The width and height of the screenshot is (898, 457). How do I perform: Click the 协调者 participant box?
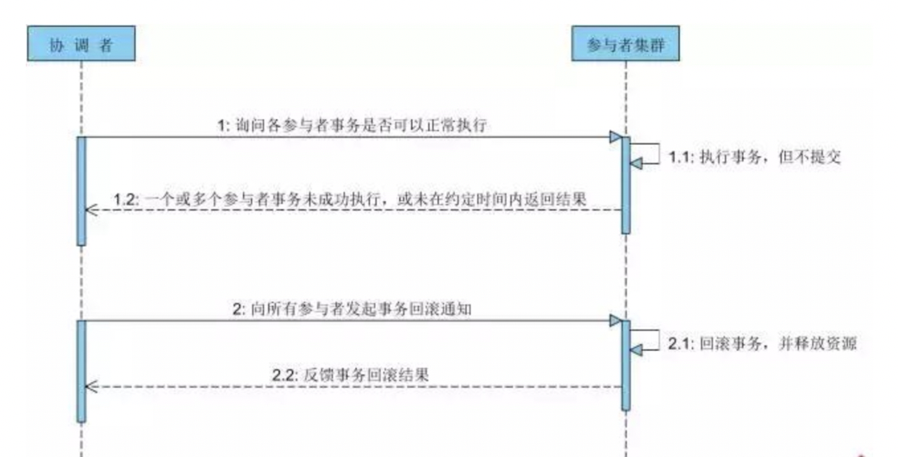[80, 44]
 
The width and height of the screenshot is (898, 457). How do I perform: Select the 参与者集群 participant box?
[626, 44]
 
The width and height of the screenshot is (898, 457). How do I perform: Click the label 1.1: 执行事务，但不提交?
[754, 158]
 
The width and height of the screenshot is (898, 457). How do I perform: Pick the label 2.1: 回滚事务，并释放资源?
[762, 343]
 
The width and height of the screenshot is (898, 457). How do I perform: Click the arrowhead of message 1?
[615, 137]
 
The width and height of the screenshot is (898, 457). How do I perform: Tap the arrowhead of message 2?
[615, 321]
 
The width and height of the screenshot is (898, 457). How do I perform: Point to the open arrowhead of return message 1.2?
[90, 210]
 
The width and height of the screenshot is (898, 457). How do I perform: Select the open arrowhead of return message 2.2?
[90, 386]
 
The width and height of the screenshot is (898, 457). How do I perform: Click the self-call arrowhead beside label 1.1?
[636, 163]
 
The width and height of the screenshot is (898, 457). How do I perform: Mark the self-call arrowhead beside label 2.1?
[636, 348]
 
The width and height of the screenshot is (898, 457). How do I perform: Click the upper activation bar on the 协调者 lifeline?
[81, 191]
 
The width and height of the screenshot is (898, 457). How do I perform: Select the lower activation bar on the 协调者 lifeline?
[81, 371]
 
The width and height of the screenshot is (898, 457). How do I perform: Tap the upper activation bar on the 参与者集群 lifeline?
[626, 185]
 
